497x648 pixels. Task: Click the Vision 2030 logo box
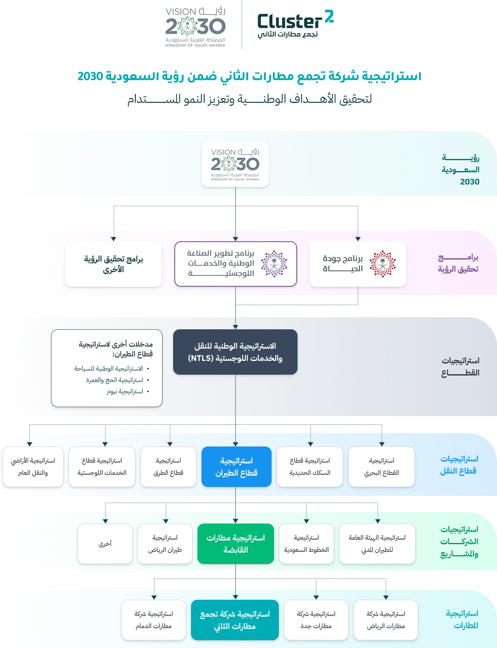(x=235, y=164)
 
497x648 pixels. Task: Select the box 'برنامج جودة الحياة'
(x=358, y=264)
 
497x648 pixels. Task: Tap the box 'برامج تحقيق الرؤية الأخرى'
(x=114, y=264)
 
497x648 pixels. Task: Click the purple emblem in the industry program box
(x=274, y=264)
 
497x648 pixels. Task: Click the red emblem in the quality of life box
(x=382, y=264)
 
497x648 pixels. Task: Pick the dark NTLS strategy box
(x=235, y=352)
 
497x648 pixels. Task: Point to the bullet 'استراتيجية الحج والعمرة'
(x=115, y=380)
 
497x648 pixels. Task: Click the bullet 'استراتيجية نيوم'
(x=125, y=391)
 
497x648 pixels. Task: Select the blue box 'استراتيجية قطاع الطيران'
(x=236, y=467)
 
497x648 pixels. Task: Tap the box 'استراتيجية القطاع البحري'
(x=381, y=467)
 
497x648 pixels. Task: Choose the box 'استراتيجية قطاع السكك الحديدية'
(x=310, y=467)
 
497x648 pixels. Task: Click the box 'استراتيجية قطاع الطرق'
(x=169, y=467)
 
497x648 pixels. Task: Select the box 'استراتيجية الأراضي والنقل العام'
(x=33, y=467)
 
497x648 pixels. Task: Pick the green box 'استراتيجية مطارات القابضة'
(x=236, y=544)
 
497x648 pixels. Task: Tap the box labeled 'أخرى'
(x=105, y=544)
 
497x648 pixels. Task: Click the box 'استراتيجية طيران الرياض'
(x=165, y=544)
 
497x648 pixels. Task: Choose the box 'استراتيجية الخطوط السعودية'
(x=306, y=544)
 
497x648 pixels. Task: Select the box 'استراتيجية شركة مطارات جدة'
(x=316, y=620)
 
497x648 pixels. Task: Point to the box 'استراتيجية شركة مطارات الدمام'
(x=154, y=620)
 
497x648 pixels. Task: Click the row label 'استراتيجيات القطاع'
(x=460, y=367)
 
